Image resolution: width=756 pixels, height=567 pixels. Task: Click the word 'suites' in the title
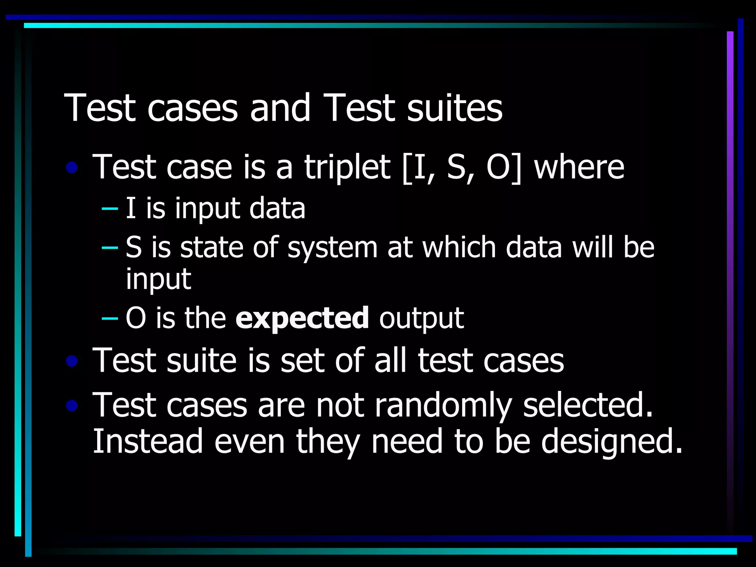point(454,108)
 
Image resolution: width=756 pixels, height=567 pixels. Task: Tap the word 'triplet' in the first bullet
point(347,168)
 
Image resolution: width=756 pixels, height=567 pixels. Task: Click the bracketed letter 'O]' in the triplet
point(504,168)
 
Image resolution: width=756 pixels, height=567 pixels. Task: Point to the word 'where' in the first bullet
point(579,168)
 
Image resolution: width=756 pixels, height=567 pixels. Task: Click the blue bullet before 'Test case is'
point(72,168)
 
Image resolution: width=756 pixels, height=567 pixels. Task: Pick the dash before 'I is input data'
point(110,209)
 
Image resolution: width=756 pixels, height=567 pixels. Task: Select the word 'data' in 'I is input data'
point(277,209)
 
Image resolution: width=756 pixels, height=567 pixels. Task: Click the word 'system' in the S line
point(333,248)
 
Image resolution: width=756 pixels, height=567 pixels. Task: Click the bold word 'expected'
point(302,318)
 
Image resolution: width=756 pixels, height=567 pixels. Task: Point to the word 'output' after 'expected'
point(421,319)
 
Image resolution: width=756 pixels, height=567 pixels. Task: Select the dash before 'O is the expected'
point(110,318)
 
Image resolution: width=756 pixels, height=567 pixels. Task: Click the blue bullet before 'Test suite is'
point(72,361)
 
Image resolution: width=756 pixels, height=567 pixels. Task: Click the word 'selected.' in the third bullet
point(588,405)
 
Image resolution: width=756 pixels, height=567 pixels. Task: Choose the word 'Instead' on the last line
point(148,441)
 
